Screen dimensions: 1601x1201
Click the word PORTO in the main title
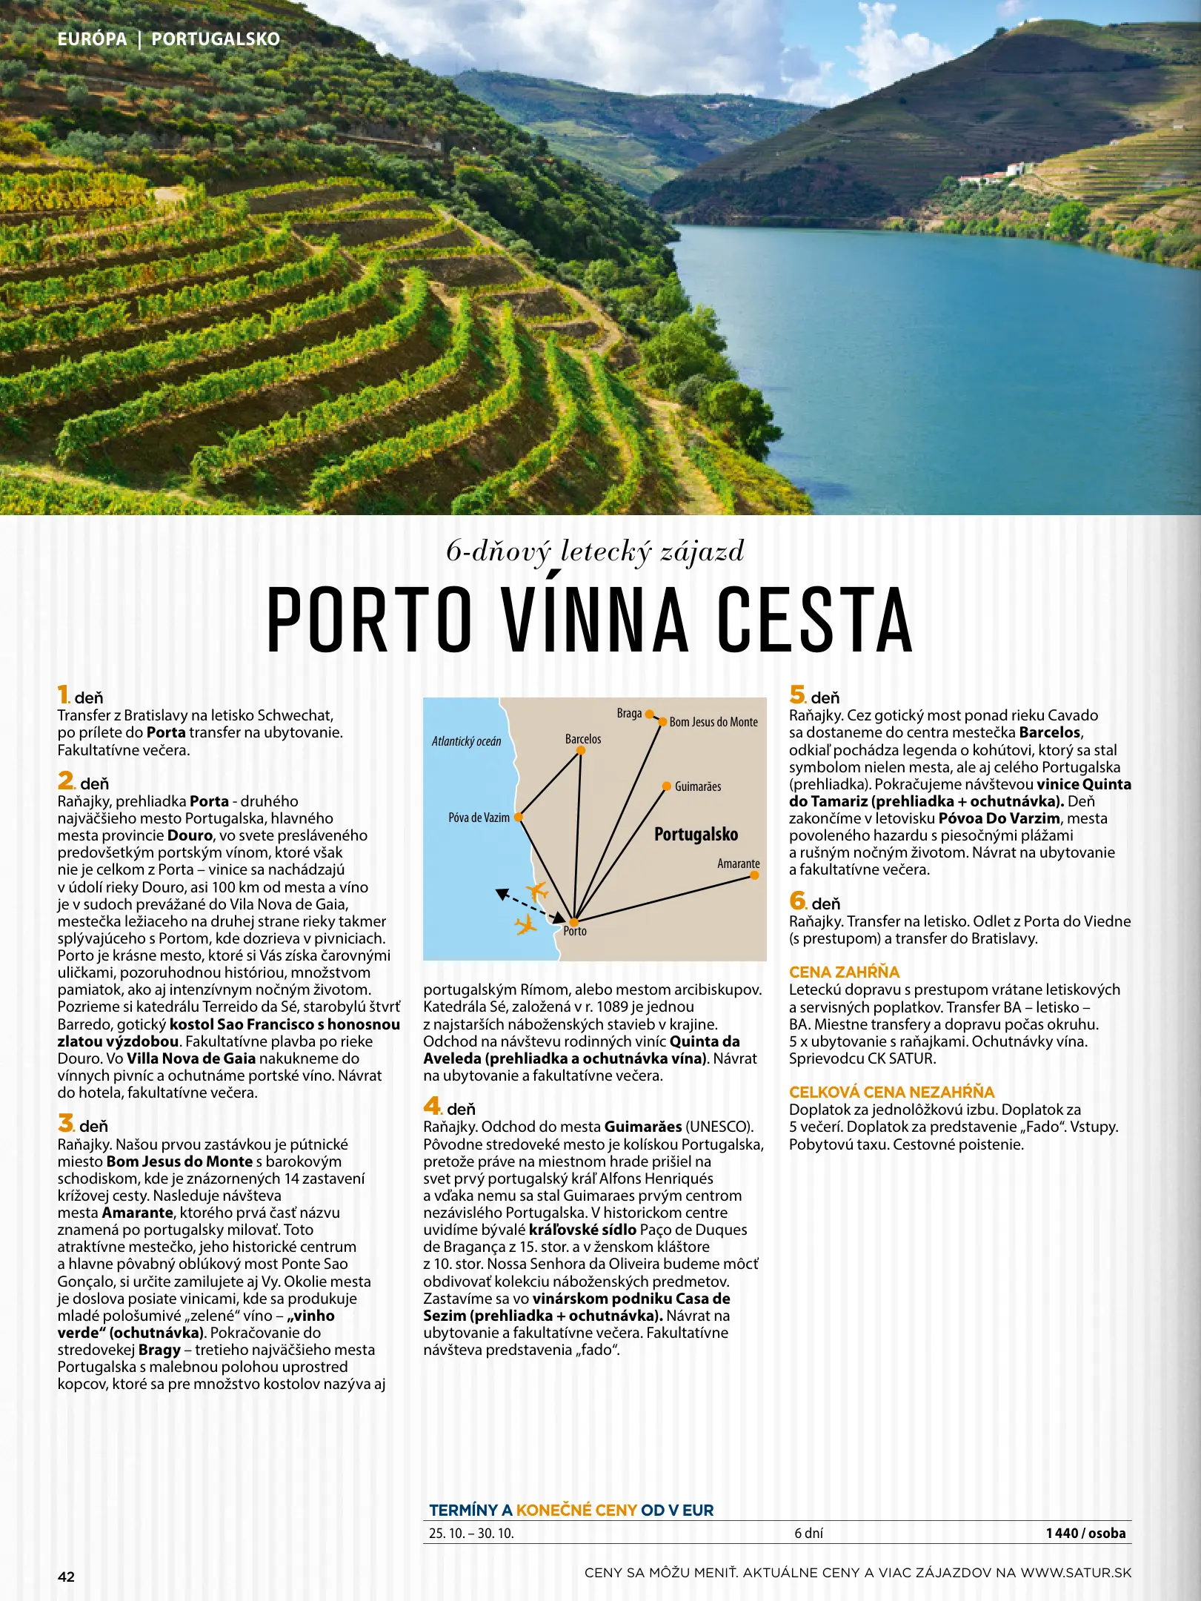370,619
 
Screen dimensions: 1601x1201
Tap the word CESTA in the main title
814,619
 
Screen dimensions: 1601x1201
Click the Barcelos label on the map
583,739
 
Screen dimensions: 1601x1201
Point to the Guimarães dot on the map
667,786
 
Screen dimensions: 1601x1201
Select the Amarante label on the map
738,864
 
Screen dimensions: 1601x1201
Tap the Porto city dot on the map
573,921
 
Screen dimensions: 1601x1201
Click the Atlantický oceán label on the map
466,741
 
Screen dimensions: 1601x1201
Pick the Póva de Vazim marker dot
519,817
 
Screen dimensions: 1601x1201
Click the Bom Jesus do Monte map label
713,722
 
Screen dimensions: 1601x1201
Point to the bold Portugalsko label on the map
696,835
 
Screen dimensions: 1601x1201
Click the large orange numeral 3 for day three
66,1123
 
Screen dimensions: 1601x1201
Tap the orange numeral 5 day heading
796,695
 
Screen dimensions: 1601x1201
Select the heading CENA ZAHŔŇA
844,972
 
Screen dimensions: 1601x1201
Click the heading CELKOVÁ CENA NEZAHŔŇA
891,1092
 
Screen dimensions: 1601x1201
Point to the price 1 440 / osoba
1085,1533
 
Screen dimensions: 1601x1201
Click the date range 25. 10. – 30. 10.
471,1533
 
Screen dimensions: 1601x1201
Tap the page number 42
66,1577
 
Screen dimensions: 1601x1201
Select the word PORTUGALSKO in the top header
216,39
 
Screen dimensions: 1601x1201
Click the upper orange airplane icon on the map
536,890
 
